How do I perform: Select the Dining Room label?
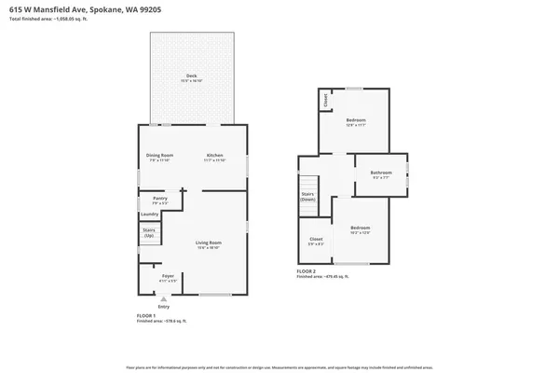tap(159, 155)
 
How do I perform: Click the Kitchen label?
tap(214, 155)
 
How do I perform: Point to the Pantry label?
tap(159, 198)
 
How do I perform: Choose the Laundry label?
tap(150, 214)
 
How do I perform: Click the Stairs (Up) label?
tap(149, 231)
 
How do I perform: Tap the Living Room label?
tap(207, 243)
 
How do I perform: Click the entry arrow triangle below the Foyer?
tap(164, 299)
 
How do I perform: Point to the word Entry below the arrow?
tap(164, 307)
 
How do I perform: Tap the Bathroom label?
tap(380, 173)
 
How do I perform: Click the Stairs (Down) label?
tap(308, 197)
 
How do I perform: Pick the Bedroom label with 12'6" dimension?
tap(356, 120)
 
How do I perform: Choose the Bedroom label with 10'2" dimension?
tap(360, 228)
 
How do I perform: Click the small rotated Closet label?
tap(326, 99)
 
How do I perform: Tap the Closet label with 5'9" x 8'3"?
tap(316, 240)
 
